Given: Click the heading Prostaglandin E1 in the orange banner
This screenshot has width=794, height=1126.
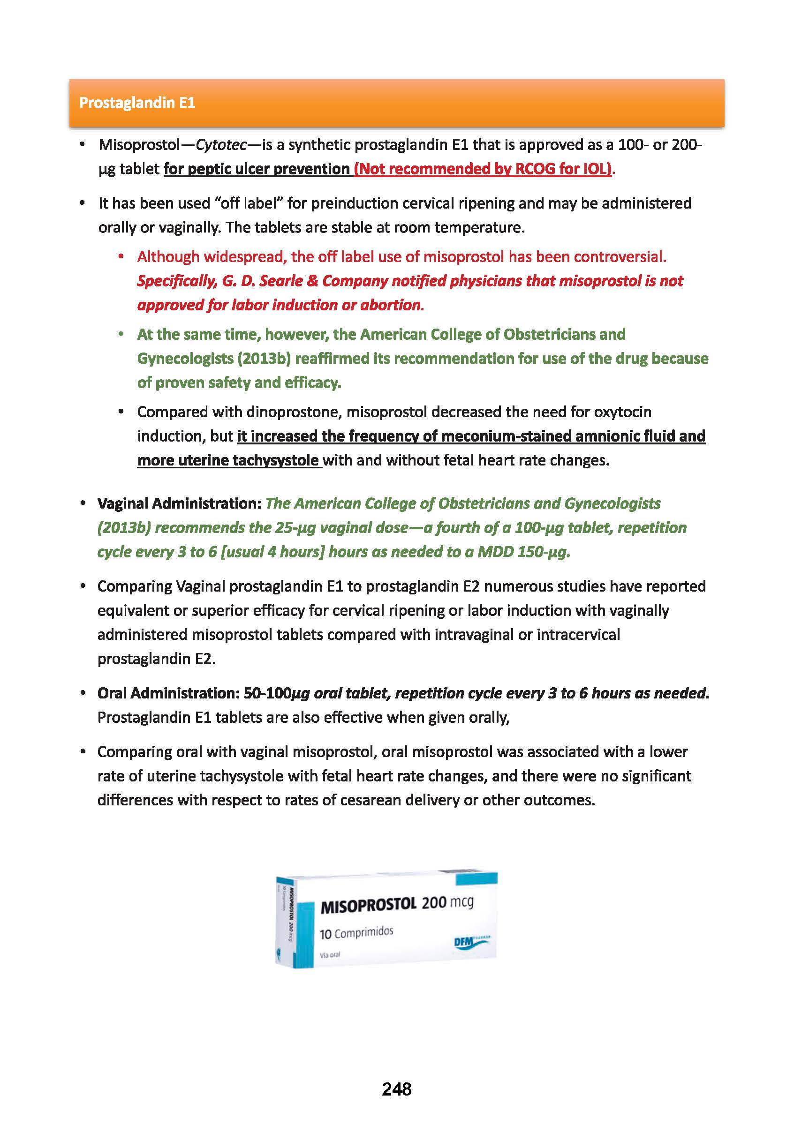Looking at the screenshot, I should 137,103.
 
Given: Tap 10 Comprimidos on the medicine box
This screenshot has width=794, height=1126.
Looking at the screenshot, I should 356,933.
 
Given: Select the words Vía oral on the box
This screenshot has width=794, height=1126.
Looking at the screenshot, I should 330,955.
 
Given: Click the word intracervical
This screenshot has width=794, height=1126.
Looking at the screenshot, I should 578,635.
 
